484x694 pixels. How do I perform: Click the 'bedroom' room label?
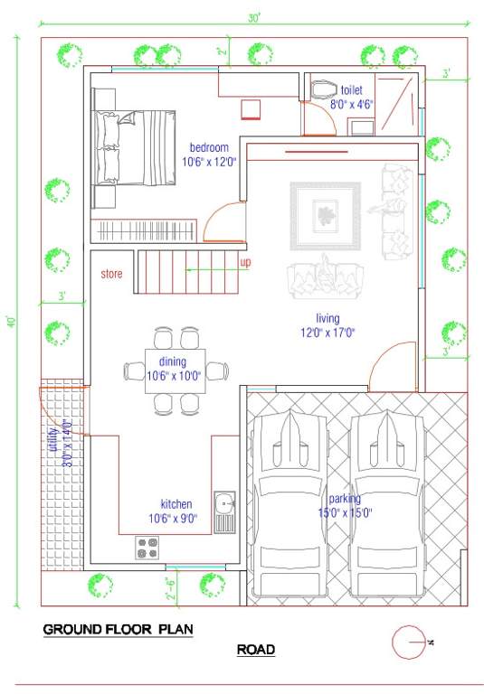pos(208,147)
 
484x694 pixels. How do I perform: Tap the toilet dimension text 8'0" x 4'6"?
pos(351,105)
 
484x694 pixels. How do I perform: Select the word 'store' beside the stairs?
pos(111,273)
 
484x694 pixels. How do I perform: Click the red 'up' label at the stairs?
pos(245,262)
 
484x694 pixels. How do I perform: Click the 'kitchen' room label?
pos(176,504)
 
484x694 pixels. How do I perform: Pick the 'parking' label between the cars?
pos(345,498)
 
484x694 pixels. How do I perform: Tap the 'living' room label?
pos(327,318)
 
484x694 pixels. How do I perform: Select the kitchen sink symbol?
pos(224,511)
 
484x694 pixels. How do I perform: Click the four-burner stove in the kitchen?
pos(147,547)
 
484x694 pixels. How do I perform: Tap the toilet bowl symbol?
pos(321,91)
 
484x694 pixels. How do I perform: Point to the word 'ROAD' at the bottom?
pos(256,649)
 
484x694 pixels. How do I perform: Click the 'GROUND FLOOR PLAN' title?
pos(118,628)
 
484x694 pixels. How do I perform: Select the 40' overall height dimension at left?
pos(10,322)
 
